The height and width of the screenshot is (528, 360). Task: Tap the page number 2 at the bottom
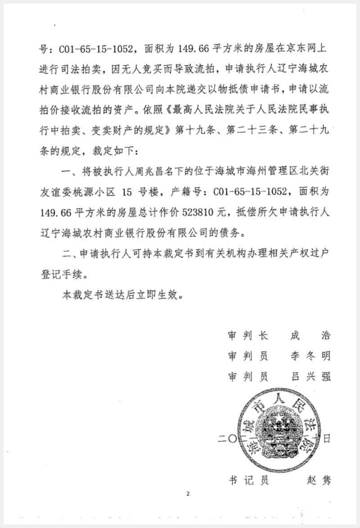[189, 494]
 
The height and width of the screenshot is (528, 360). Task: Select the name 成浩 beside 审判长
[311, 336]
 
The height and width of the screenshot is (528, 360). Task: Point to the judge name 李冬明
[311, 356]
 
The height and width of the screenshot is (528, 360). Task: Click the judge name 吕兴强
[311, 376]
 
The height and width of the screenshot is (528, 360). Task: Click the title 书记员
[248, 480]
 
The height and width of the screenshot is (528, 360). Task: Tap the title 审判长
[248, 336]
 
